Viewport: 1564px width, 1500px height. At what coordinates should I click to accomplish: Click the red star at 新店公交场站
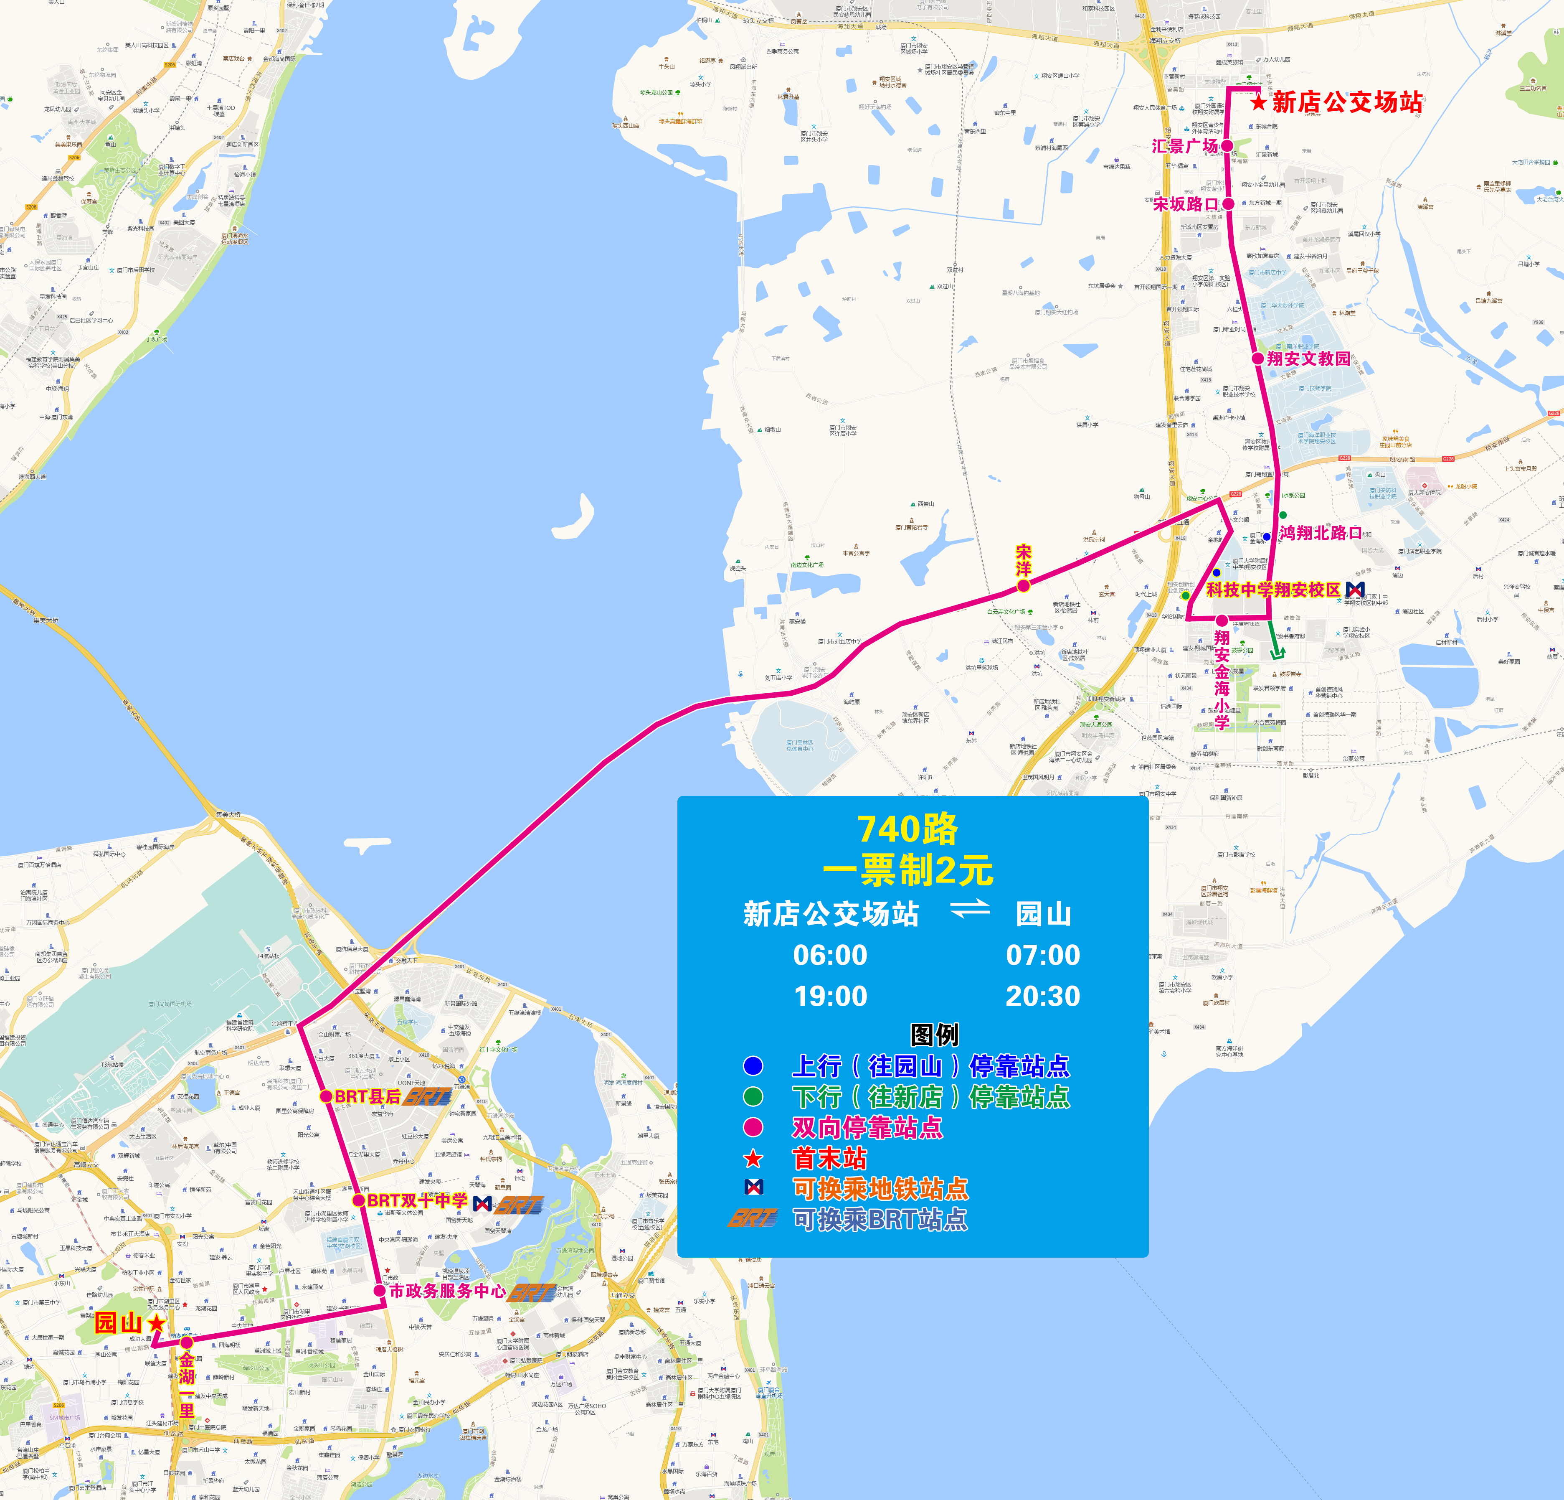(1258, 102)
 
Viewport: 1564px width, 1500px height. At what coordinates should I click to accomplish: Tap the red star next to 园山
(156, 1324)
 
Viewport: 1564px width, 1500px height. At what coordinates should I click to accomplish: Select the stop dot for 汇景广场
(1227, 146)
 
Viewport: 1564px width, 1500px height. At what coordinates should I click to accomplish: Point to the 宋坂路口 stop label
(1185, 204)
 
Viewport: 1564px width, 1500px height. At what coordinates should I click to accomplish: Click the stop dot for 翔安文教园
(1257, 358)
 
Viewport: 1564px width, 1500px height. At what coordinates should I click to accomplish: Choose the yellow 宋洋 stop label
(1023, 560)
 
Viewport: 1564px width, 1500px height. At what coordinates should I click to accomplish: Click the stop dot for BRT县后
(326, 1096)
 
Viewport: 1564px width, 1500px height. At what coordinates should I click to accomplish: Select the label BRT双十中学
(417, 1201)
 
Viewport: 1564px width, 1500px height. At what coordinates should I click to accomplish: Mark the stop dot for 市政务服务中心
(380, 1291)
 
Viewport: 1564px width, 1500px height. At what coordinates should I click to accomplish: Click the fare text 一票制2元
(908, 870)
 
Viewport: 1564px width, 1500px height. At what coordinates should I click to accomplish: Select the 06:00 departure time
(830, 955)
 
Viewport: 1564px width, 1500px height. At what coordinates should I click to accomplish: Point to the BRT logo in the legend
(752, 1219)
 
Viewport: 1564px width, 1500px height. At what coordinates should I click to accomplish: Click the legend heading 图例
(934, 1035)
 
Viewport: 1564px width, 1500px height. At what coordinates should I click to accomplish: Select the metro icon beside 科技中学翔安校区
(1355, 589)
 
